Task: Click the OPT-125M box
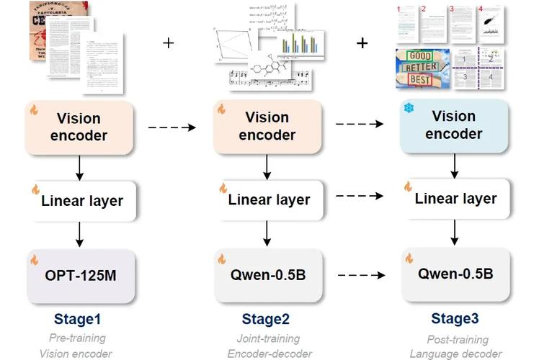pos(81,276)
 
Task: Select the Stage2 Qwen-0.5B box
pos(268,274)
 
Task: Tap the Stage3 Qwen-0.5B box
pos(455,274)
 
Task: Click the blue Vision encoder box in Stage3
pos(454,125)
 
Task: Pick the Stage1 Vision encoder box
pos(81,127)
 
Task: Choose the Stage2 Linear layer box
pos(268,199)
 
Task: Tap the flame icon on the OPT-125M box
pos(34,258)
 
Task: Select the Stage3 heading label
pos(455,319)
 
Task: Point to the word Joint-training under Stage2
pos(269,338)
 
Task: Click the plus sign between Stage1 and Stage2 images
pos(169,43)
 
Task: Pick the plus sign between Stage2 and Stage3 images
pos(362,43)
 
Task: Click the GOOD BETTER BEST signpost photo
pos(422,69)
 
